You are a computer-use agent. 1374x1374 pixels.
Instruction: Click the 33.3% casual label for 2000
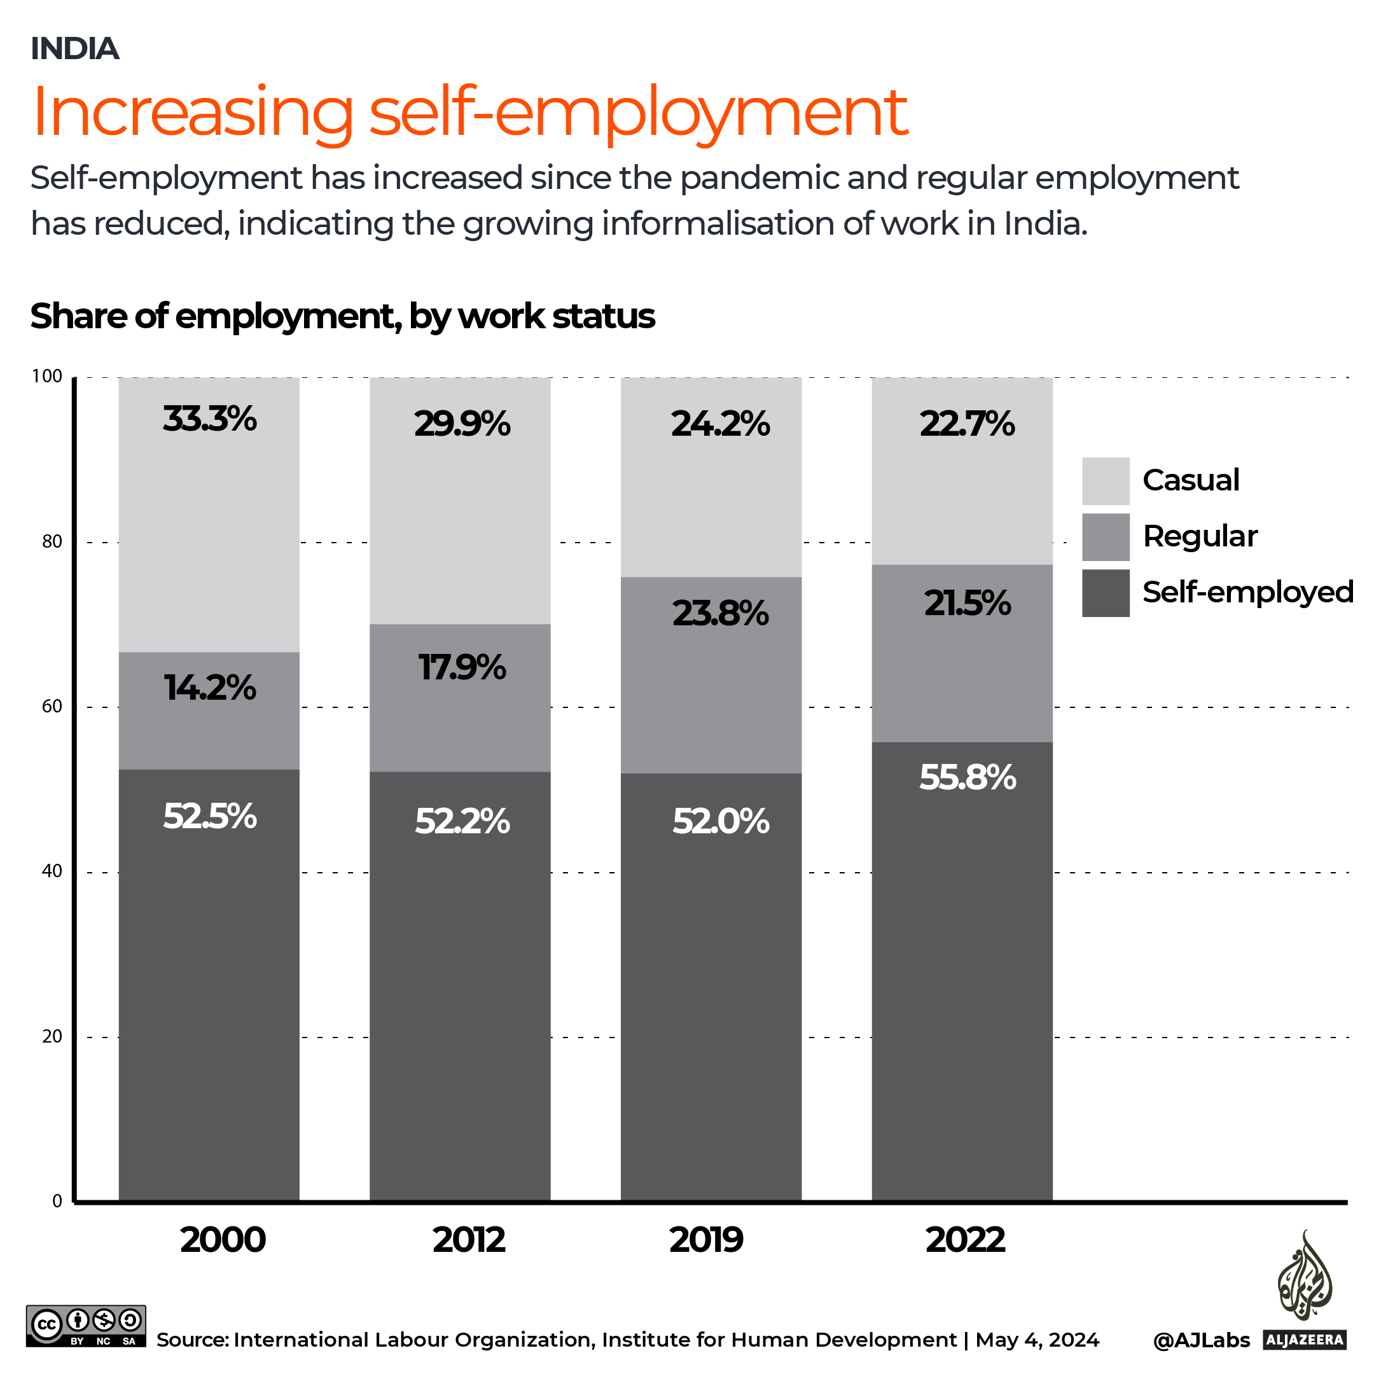tap(209, 419)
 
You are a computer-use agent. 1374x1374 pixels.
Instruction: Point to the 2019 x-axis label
tap(705, 1240)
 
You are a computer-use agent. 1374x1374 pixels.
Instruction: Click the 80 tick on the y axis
tap(52, 542)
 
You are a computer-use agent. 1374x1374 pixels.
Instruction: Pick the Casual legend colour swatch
tap(1105, 481)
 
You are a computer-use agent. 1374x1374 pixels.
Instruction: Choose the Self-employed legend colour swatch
tap(1105, 592)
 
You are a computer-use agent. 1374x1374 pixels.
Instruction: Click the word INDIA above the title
tap(74, 48)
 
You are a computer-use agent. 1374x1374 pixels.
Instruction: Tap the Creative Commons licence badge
tap(86, 1326)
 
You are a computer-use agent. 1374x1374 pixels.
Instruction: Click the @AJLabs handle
tap(1200, 1340)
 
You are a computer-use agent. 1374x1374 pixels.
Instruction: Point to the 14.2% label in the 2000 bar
tap(209, 688)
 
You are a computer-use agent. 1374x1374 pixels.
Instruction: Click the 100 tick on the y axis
tap(47, 376)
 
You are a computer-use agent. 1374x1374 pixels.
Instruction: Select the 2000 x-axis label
tap(223, 1240)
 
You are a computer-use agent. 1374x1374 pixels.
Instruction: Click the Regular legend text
tap(1200, 536)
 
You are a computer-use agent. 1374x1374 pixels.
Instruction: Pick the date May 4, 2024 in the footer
tap(1037, 1340)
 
